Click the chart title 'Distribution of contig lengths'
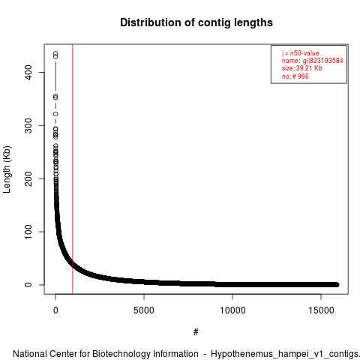coord(196,22)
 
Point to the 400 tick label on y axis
coord(28,72)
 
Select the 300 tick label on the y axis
coord(28,125)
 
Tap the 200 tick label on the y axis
coord(28,178)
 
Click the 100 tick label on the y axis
coord(28,232)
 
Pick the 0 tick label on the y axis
coord(28,285)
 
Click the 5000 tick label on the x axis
coord(144,310)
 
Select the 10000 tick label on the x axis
coord(232,310)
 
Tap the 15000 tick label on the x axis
coord(321,310)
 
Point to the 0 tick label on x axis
coord(55,310)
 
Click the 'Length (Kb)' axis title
coord(7,169)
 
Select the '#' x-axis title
coord(196,332)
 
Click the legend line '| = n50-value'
coord(300,53)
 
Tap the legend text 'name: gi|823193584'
coord(312,61)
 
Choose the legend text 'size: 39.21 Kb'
coord(301,68)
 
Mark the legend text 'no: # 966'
coord(295,76)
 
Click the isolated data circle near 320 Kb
coord(55,114)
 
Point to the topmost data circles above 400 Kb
coord(55,55)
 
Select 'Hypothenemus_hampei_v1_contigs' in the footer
coord(284,354)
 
